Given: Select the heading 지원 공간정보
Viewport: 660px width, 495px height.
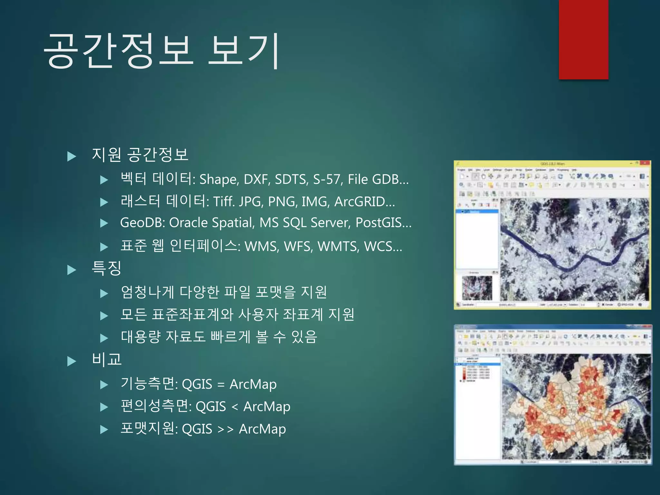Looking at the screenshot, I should [140, 154].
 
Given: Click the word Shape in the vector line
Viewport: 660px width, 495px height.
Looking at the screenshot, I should [219, 180].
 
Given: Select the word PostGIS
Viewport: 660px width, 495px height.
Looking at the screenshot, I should [379, 223].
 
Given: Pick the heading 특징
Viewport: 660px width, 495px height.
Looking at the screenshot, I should [106, 268].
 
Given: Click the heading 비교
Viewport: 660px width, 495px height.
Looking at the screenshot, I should [106, 359].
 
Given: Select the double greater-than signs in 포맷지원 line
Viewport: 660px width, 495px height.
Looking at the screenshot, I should [225, 429].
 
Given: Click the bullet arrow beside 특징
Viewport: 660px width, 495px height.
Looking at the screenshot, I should [72, 270].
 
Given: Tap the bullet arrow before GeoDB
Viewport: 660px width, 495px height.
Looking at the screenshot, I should [104, 223].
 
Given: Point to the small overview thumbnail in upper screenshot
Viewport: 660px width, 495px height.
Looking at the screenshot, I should [477, 288].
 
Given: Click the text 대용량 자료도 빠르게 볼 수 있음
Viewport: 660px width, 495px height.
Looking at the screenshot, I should [219, 337].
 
